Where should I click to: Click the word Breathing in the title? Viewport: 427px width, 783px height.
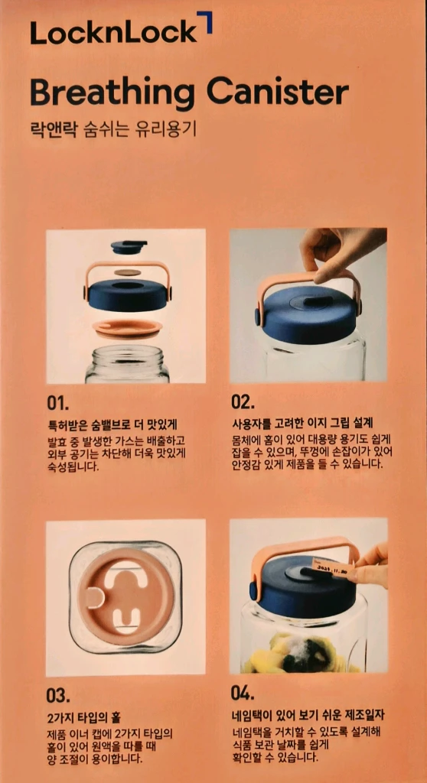click(112, 93)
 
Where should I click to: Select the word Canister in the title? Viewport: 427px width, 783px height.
click(278, 92)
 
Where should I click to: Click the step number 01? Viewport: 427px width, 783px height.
click(58, 403)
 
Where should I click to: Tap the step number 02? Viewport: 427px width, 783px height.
click(243, 402)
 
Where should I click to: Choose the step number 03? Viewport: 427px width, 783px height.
click(58, 695)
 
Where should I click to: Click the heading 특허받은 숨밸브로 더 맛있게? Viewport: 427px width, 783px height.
click(112, 426)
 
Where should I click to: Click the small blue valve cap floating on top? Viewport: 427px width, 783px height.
click(129, 247)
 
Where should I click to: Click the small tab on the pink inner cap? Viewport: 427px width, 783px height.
click(94, 597)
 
